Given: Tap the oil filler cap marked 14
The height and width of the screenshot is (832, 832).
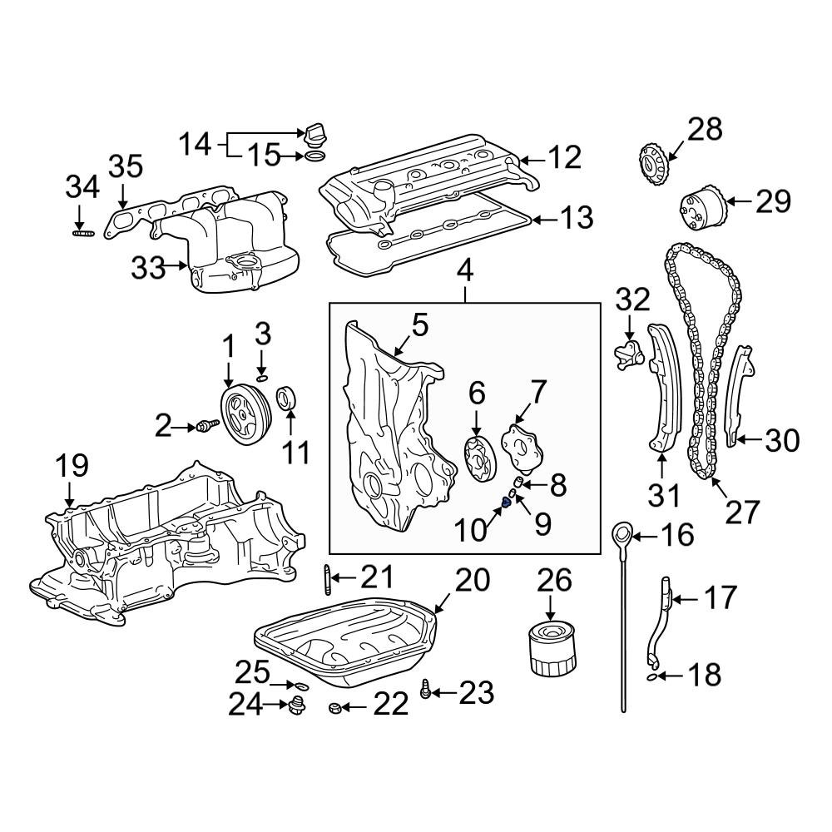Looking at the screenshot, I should [x=315, y=136].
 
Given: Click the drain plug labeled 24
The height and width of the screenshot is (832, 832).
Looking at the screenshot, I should [x=295, y=707].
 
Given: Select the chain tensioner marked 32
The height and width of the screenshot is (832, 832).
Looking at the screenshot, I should [x=630, y=353].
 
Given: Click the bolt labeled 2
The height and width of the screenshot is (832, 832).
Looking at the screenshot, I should [x=205, y=427].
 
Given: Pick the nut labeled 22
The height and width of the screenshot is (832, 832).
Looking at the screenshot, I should [x=330, y=709].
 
